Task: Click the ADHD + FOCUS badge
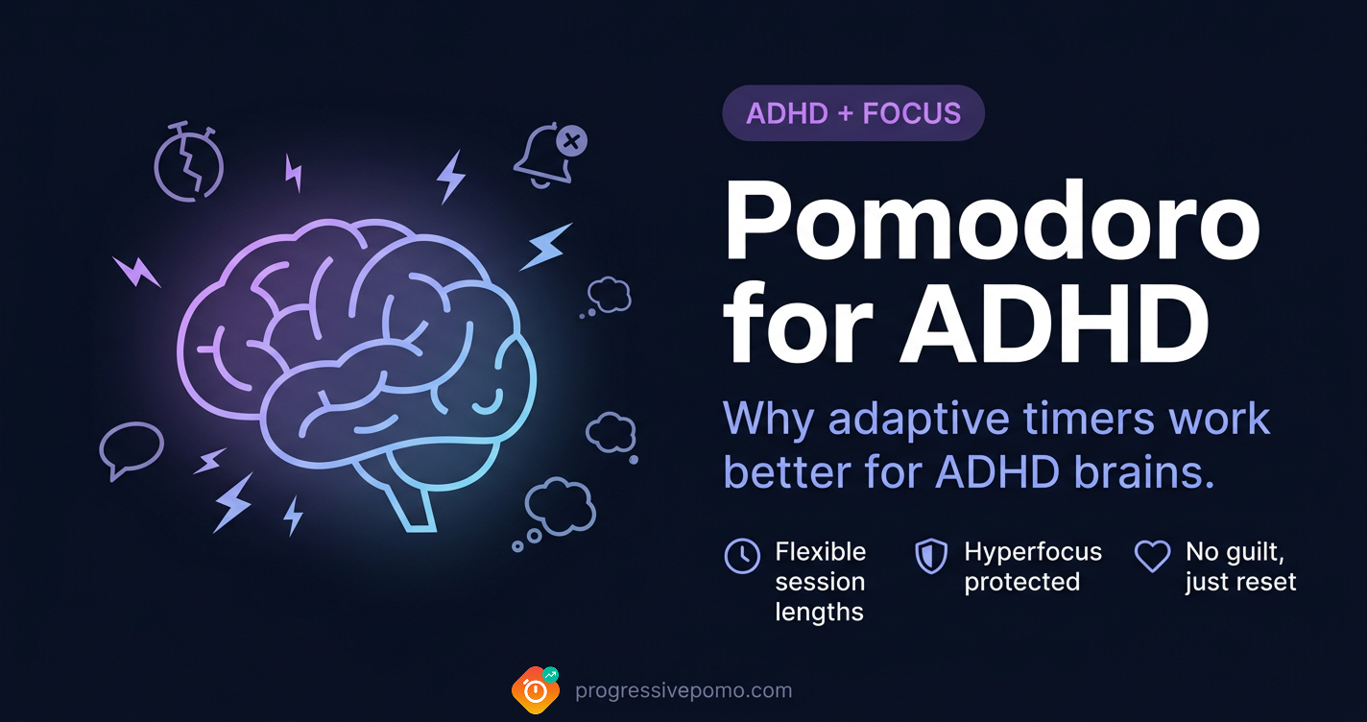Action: click(853, 113)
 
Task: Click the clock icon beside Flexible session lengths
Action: click(742, 555)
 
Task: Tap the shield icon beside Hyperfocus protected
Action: click(931, 555)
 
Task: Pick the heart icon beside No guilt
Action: click(1152, 555)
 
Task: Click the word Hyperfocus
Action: click(1033, 552)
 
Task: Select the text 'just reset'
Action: click(1240, 582)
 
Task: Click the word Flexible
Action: click(821, 552)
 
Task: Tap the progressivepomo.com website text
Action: click(683, 690)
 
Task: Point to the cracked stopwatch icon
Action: click(189, 164)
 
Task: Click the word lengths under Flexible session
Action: click(820, 612)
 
